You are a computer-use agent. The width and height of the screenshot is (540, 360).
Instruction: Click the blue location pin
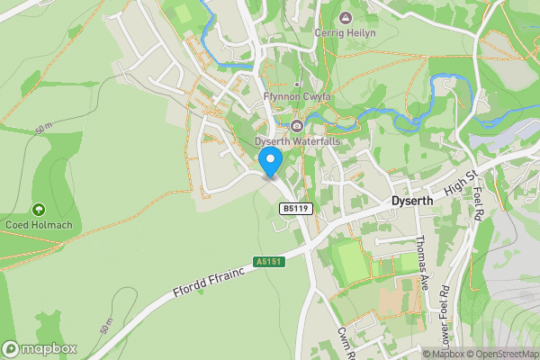coord(271,160)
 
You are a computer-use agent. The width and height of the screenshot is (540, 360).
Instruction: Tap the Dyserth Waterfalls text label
coord(296,141)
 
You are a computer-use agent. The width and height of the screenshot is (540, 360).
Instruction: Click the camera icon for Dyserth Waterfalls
coord(296,126)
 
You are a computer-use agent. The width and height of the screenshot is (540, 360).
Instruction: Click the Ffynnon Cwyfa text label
coord(296,97)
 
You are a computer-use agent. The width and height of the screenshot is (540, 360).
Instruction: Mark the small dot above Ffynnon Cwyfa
coord(296,85)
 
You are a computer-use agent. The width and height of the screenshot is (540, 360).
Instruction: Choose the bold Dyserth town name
coord(414,202)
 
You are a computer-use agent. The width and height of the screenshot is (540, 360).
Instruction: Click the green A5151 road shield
coord(267,262)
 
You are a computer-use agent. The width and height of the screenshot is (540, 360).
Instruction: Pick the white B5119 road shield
coord(294,209)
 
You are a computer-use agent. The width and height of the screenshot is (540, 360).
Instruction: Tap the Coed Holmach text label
coord(39,225)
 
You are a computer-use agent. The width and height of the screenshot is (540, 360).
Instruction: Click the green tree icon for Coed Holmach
coord(39,209)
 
